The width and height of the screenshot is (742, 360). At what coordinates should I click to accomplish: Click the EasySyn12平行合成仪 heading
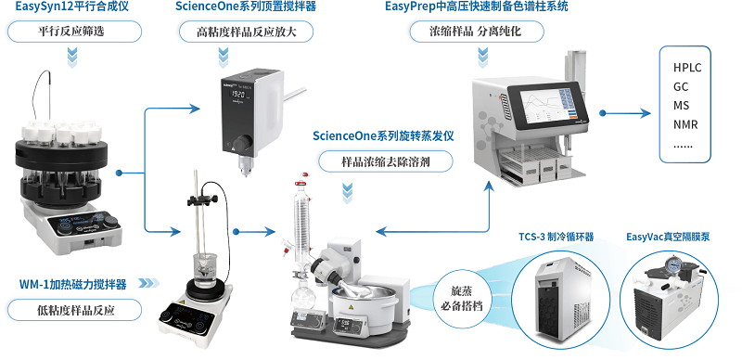[x=71, y=6]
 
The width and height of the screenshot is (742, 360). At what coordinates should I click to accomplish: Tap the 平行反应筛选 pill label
[x=74, y=32]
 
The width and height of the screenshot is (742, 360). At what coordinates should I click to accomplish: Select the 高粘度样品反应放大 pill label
[x=247, y=32]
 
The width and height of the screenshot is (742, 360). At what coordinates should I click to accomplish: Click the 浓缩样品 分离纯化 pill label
[x=476, y=32]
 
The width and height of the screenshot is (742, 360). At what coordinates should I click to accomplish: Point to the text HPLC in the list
[x=687, y=67]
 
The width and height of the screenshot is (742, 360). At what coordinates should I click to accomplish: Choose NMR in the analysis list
[x=685, y=124]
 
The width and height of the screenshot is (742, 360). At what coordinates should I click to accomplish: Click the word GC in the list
[x=681, y=86]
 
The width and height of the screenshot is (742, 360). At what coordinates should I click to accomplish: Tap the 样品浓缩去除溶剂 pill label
[x=385, y=162]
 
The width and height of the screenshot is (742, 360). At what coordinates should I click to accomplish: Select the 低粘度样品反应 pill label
[x=74, y=310]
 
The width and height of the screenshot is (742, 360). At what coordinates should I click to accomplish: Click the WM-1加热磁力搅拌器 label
[x=73, y=284]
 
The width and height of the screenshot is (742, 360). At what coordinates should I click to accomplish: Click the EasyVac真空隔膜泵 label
[x=668, y=236]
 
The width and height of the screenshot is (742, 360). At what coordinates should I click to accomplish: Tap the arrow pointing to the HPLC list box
[x=625, y=113]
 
